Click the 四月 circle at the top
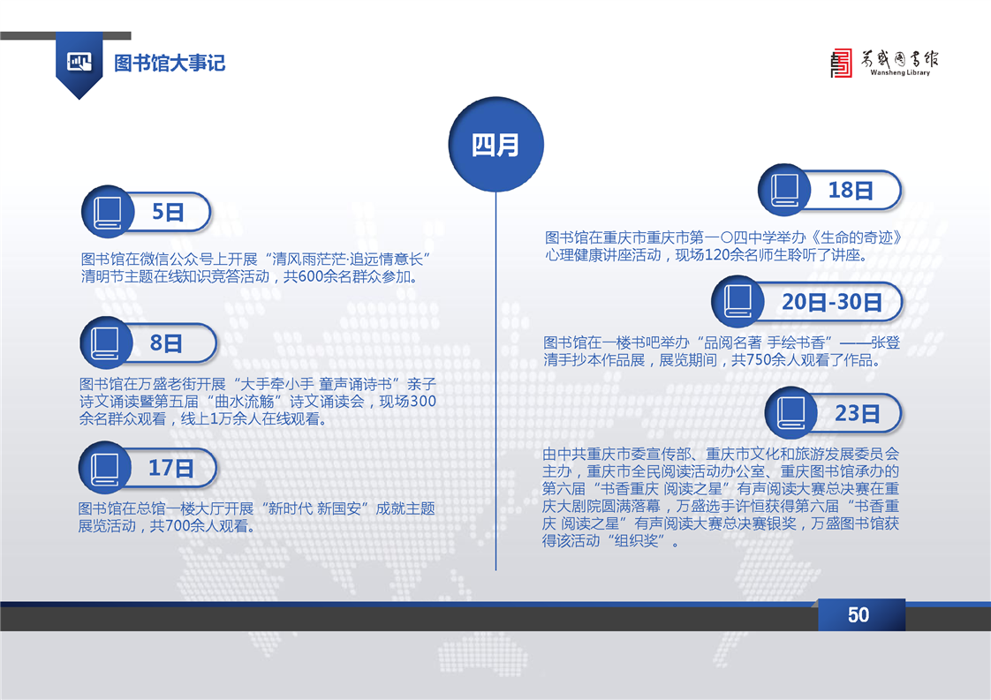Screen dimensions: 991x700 pos(496,144)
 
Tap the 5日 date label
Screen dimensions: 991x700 pos(168,212)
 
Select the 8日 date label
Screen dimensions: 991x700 pos(165,343)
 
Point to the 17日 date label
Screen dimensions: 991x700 pos(170,468)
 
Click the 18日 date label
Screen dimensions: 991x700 pos(851,190)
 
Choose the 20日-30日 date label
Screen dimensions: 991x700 pos(832,302)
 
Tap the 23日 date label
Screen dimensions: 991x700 pos(857,413)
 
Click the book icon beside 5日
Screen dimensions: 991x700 pos(108,212)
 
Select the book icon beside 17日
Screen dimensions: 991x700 pos(105,468)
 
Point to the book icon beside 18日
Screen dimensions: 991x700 pos(785,190)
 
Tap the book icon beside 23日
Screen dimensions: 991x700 pos(791,413)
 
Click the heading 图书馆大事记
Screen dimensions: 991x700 pos(170,64)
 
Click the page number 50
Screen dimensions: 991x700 pos(859,614)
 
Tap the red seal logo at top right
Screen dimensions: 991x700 pos(841,64)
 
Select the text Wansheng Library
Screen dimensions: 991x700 pos(900,72)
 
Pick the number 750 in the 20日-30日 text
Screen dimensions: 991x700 pos(759,360)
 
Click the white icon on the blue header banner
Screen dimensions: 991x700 pos(79,62)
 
